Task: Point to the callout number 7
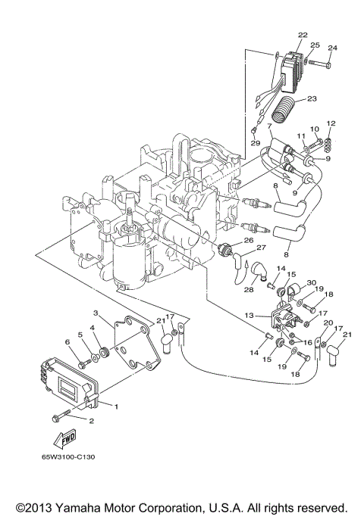coord(268,125)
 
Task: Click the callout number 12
coord(330,123)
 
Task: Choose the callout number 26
coord(247,240)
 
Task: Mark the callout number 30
coord(310,282)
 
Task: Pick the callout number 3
coord(96,313)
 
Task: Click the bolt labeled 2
coord(60,416)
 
